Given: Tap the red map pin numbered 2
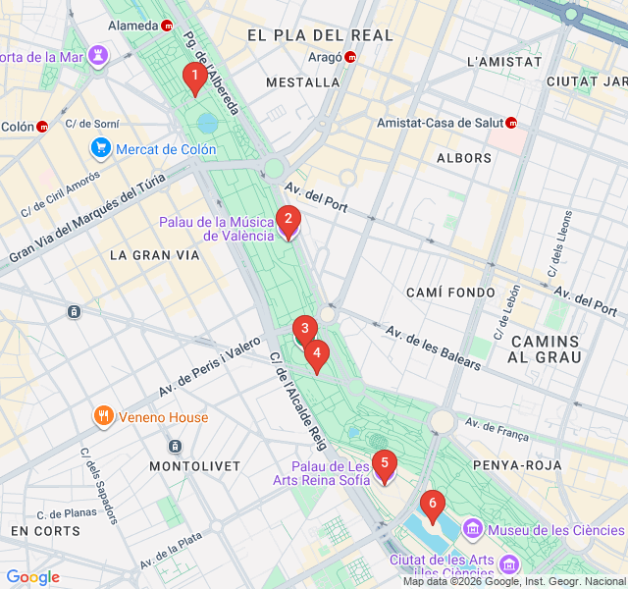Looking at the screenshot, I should tap(288, 221).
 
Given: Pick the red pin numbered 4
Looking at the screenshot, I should tap(316, 353).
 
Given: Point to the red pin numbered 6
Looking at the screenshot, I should tap(431, 506).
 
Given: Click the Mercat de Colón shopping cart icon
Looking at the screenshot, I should tap(100, 149).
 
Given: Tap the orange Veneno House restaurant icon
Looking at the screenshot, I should tap(103, 417).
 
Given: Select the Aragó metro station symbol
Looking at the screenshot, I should tap(351, 57).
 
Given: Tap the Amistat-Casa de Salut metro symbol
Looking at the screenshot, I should tap(511, 123).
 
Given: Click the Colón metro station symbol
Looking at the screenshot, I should tap(42, 127).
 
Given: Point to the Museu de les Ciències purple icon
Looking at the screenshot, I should tap(473, 531).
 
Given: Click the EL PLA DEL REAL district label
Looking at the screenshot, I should tap(320, 35).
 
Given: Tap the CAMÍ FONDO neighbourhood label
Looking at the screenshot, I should tap(451, 293).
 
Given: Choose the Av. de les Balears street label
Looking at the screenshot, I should tap(432, 348).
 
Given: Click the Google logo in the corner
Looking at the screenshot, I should tap(33, 577).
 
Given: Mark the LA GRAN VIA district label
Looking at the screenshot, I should tap(154, 255).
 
